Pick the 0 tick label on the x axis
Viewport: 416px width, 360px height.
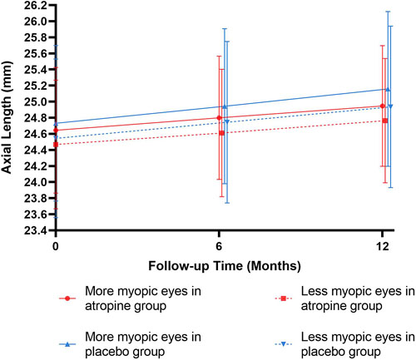(x=55, y=247)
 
